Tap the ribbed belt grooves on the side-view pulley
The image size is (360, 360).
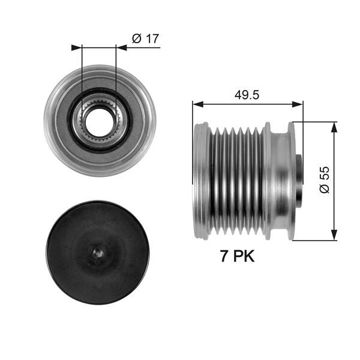click(x=234, y=180)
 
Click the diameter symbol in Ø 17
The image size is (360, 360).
click(x=136, y=39)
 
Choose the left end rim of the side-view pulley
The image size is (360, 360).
click(x=198, y=180)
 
